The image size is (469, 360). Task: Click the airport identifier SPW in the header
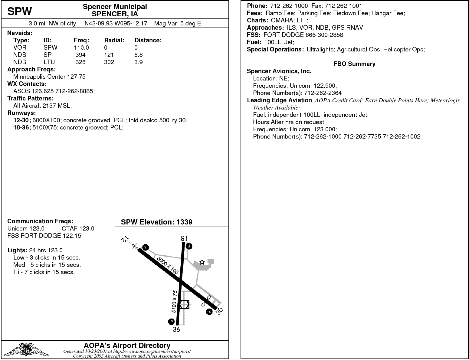19,11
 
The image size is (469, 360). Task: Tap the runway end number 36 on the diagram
176,329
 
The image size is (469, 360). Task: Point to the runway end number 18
183,238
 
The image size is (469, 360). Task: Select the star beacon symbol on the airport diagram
202,262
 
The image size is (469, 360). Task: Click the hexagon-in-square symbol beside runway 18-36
184,304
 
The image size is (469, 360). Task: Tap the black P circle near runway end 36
171,322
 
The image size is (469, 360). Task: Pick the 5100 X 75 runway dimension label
175,302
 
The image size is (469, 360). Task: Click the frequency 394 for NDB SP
80,55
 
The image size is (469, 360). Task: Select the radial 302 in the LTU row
109,62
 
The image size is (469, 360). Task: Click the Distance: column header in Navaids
148,40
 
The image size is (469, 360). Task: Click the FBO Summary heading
354,64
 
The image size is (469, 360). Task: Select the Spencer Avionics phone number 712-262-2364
323,93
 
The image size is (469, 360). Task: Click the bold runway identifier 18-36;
22,127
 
